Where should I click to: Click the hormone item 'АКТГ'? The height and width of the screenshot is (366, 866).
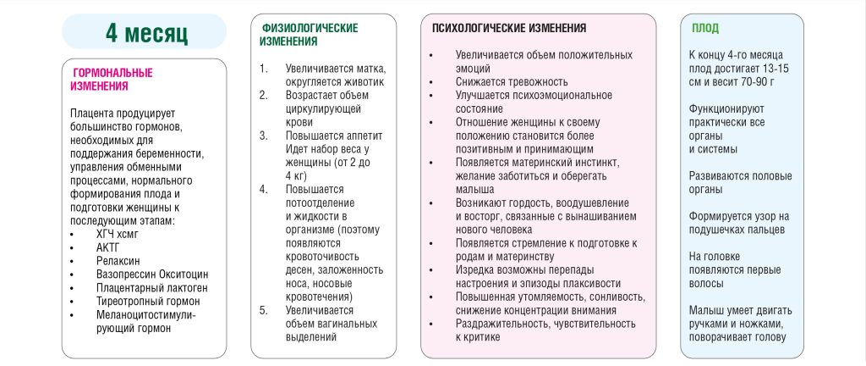109,248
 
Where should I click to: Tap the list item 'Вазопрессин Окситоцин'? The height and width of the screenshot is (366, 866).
151,274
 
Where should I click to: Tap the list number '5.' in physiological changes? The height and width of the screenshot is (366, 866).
264,309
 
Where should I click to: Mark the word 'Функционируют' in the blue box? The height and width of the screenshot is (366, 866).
728,109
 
